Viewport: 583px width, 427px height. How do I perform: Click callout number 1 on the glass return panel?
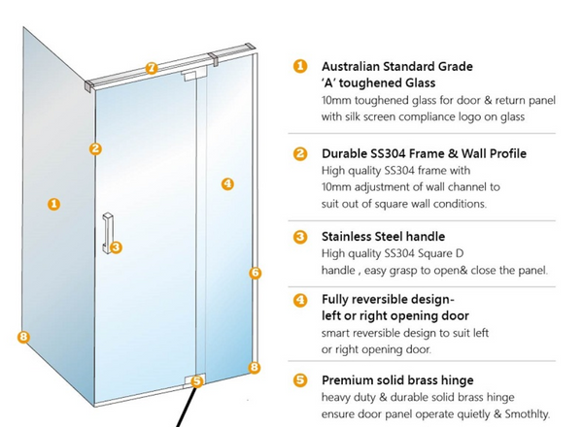[x=54, y=204]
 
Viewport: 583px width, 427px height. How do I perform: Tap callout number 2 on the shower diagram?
[x=95, y=148]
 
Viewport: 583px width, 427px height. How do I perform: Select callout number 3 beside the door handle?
[x=116, y=247]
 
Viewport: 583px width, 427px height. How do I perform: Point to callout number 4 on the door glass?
[x=227, y=182]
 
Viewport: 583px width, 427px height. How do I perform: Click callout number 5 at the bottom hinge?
[x=197, y=381]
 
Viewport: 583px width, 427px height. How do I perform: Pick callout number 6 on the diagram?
[x=256, y=273]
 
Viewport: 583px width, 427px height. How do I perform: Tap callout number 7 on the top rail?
[x=151, y=68]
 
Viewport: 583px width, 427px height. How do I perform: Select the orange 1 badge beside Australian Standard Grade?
[x=301, y=67]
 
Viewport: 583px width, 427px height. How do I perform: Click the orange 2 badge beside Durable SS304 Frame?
[x=301, y=153]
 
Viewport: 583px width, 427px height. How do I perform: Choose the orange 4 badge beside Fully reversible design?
[x=301, y=299]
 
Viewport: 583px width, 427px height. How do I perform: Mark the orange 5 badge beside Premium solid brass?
[x=301, y=379]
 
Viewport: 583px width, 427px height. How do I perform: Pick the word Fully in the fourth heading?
[x=339, y=299]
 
